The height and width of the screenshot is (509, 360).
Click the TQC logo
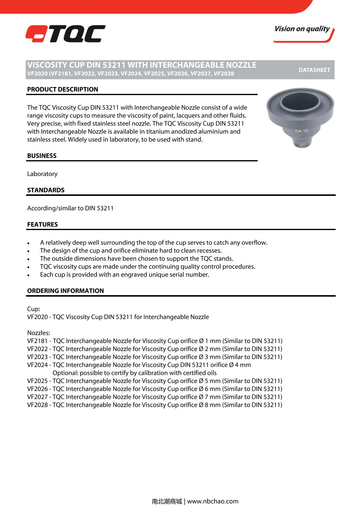pyautogui.click(x=65, y=34)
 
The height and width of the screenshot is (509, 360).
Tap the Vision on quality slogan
pyautogui.click(x=302, y=29)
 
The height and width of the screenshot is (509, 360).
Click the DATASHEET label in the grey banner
pyautogui.click(x=314, y=70)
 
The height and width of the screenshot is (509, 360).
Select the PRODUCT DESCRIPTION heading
pyautogui.click(x=62, y=89)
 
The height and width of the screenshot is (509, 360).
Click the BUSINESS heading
pyautogui.click(x=42, y=156)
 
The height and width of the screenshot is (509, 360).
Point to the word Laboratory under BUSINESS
pyautogui.click(x=42, y=174)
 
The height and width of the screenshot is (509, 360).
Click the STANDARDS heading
pyautogui.click(x=46, y=190)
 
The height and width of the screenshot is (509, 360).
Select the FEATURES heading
pyautogui.click(x=42, y=224)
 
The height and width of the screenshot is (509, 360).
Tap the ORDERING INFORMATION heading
pyautogui.click(x=65, y=291)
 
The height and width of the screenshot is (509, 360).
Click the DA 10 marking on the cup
pyautogui.click(x=301, y=131)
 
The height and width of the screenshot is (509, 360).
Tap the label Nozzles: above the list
pyautogui.click(x=38, y=333)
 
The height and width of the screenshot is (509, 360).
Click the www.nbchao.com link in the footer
pyautogui.click(x=213, y=501)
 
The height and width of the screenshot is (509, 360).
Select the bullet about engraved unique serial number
pyautogui.click(x=124, y=275)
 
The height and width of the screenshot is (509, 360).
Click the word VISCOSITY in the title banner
pyautogui.click(x=47, y=65)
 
